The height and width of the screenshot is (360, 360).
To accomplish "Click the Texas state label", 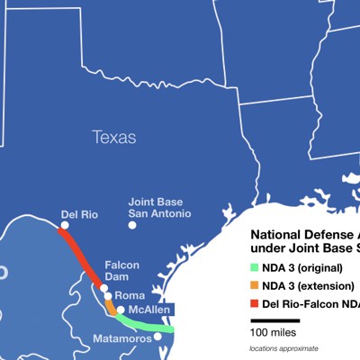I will click(x=114, y=138).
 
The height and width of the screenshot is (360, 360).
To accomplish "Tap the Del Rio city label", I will click(x=79, y=215).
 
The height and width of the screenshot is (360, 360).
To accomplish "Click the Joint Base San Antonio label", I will click(x=158, y=208).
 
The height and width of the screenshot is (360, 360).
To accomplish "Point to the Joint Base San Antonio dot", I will click(x=132, y=225).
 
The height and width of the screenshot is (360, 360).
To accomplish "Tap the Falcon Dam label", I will click(x=121, y=271).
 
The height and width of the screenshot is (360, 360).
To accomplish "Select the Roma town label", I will click(x=130, y=295).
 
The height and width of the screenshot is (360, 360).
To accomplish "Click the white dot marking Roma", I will click(x=108, y=296).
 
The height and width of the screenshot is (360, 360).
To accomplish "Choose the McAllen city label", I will click(x=149, y=309).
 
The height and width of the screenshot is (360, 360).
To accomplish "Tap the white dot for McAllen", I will click(x=121, y=310).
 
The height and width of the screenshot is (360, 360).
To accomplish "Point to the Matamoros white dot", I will click(x=157, y=336).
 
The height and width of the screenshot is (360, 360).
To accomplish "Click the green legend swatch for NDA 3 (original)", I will click(x=254, y=267).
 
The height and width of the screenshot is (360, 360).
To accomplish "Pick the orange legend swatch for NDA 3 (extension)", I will click(x=254, y=285).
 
